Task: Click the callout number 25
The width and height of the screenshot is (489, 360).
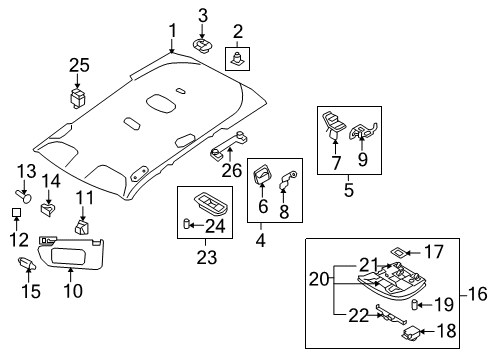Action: point(79,65)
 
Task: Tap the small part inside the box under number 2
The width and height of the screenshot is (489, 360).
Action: point(237,59)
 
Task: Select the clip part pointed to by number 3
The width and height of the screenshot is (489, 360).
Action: point(202,46)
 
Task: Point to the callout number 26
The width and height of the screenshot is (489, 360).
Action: point(232,171)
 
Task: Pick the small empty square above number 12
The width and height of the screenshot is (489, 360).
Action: point(16,212)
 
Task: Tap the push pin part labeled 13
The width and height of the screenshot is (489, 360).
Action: point(23,196)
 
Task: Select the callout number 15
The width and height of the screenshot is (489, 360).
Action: point(31,291)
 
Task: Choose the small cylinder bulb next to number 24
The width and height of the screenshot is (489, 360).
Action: point(187,223)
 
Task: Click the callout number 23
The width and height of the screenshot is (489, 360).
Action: point(207,257)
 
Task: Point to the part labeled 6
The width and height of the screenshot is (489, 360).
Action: point(262,174)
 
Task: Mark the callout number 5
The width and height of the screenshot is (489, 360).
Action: point(349,190)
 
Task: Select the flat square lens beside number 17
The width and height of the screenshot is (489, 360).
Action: point(397,252)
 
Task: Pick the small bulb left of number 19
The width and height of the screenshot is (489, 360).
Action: point(414,305)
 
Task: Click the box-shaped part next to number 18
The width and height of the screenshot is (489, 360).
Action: point(410,333)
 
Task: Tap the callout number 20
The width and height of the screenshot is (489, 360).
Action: point(319,279)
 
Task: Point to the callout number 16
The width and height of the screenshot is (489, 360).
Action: point(477,294)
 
